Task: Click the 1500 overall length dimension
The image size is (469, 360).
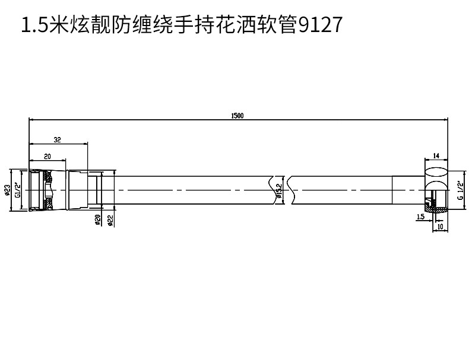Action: click(237, 116)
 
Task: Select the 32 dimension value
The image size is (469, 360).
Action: click(58, 140)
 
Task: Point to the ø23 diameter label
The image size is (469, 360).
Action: click(7, 190)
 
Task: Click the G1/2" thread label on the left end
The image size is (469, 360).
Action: click(18, 190)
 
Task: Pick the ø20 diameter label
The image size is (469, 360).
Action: click(97, 220)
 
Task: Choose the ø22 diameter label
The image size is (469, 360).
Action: click(110, 220)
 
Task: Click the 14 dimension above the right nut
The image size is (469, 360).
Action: click(436, 156)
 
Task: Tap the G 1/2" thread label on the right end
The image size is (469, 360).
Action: click(459, 190)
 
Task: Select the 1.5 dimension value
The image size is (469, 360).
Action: click(420, 217)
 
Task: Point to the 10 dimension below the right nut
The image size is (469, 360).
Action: click(440, 227)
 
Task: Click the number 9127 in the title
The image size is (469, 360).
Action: click(318, 26)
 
